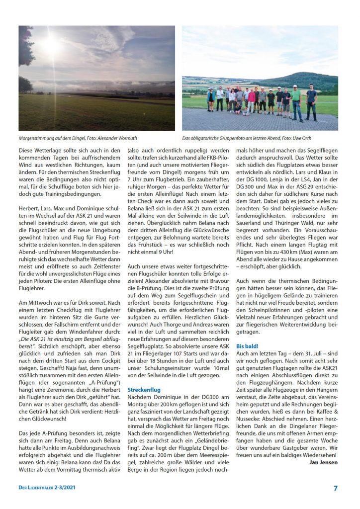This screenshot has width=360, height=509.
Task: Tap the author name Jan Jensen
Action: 324,462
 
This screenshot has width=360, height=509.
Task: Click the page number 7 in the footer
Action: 336,488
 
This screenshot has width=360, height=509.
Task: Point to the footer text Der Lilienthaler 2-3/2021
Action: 46,488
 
